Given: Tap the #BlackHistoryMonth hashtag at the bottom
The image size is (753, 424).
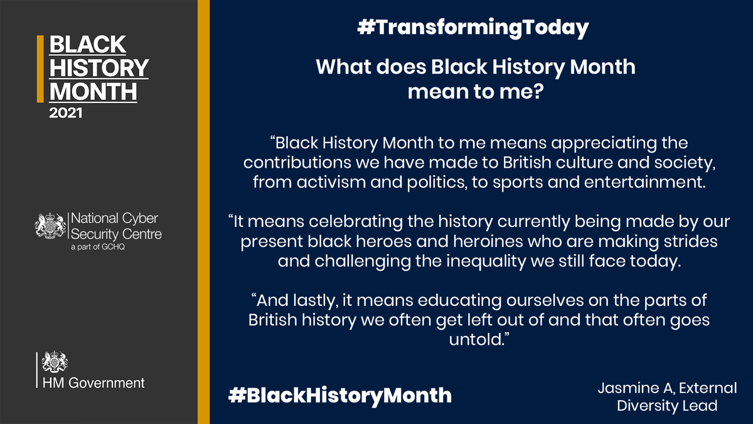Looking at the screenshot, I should [339, 394].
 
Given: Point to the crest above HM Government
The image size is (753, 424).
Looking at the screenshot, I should [55, 362].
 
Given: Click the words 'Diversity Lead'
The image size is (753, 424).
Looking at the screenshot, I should [667, 406].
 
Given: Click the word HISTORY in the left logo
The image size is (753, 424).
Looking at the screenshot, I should [99, 68].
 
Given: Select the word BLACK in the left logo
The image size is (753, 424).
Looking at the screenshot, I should [87, 45].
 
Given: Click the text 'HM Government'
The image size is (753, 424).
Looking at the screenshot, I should [93, 383].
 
